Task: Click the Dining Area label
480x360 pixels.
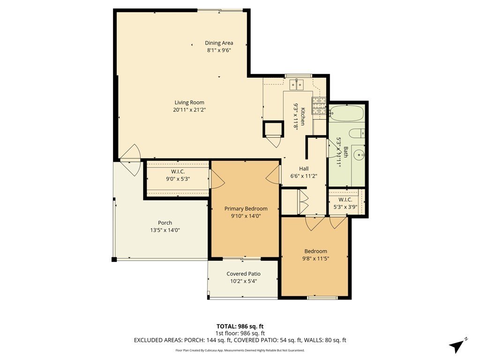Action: tap(219, 43)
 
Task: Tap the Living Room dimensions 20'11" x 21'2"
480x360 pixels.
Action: tap(189, 110)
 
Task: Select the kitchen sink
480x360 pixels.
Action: tap(297, 85)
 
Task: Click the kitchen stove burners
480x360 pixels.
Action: tap(319, 106)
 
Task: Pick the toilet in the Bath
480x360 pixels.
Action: tap(357, 134)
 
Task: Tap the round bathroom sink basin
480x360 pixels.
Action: tap(358, 155)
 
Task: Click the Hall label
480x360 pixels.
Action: tap(304, 169)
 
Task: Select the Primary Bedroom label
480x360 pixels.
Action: tap(246, 209)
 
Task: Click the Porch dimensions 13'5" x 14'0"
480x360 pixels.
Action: tap(165, 230)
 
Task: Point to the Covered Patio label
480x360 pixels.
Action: tap(243, 274)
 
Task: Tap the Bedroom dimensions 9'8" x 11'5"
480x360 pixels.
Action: tap(315, 259)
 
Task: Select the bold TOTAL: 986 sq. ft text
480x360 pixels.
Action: tap(240, 326)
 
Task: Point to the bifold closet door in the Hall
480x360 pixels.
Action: tap(303, 202)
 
